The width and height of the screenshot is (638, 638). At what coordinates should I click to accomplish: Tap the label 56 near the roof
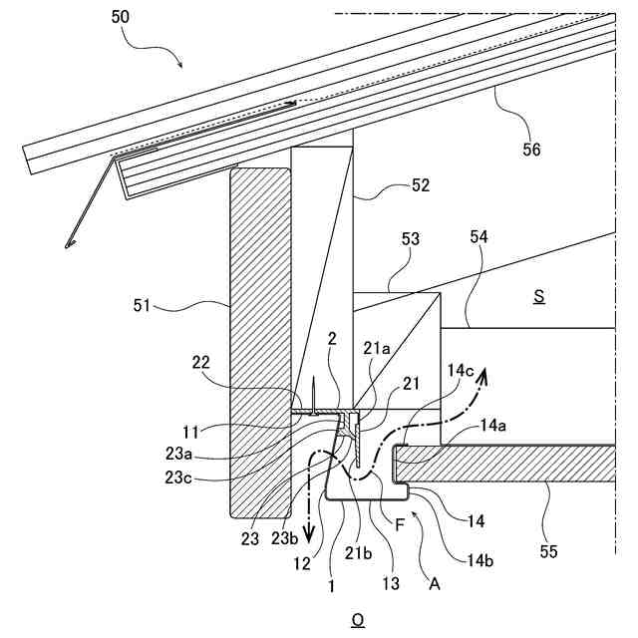click(x=532, y=150)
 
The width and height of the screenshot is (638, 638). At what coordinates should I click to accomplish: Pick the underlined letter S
click(x=538, y=297)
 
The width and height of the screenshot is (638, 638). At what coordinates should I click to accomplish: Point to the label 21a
click(x=377, y=348)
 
